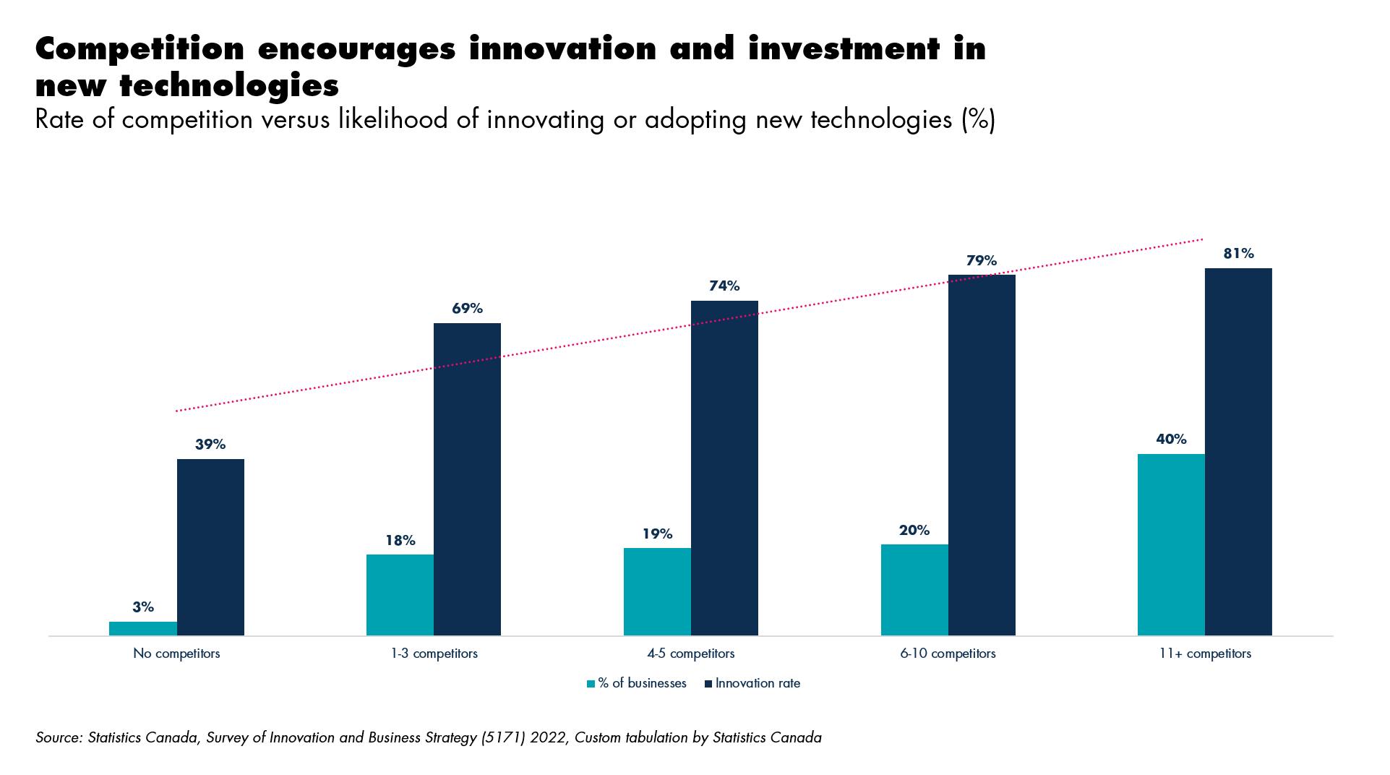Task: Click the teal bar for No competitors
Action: pos(143,628)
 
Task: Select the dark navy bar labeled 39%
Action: pos(210,547)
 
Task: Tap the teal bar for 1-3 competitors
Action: pos(400,595)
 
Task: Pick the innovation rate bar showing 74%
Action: pos(724,468)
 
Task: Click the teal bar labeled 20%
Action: pos(914,590)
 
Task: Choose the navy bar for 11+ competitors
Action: pos(1238,452)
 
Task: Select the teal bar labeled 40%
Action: pos(1171,544)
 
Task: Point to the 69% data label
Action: pos(467,309)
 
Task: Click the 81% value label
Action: pos(1238,254)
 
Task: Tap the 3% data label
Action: pos(143,607)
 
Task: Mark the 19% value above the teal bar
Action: pos(657,534)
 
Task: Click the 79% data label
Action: pos(982,260)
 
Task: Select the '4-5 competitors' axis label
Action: pos(691,654)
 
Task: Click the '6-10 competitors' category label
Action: pos(948,654)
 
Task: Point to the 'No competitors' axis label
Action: pos(176,654)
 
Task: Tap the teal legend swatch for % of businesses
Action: pos(591,684)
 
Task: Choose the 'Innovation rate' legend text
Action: pos(758,683)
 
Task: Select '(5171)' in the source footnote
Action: pos(503,738)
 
